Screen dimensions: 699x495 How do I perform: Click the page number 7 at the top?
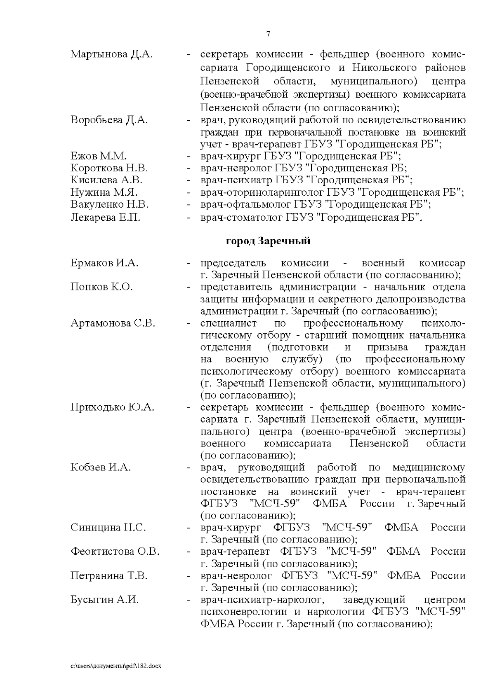(x=268, y=34)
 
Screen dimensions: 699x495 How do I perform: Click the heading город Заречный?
(x=268, y=241)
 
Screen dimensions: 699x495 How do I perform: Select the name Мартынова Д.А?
(x=111, y=54)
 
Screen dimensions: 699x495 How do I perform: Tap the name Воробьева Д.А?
(x=109, y=120)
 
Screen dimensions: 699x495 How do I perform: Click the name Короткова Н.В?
(x=109, y=168)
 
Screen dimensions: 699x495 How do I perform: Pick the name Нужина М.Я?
(x=104, y=192)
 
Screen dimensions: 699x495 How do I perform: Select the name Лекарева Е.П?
(x=105, y=217)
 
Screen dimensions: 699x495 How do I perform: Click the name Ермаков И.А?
(x=104, y=263)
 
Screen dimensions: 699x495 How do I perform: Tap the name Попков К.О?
(x=101, y=287)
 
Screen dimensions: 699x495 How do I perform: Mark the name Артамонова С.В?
(x=113, y=323)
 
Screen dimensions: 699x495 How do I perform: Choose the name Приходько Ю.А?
(x=112, y=407)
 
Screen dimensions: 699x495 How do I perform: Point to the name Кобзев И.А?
(x=100, y=468)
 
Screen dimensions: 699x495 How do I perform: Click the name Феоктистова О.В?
(x=115, y=552)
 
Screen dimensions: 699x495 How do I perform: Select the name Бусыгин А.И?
(x=104, y=600)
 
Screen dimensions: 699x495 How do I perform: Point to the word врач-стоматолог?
(x=240, y=217)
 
